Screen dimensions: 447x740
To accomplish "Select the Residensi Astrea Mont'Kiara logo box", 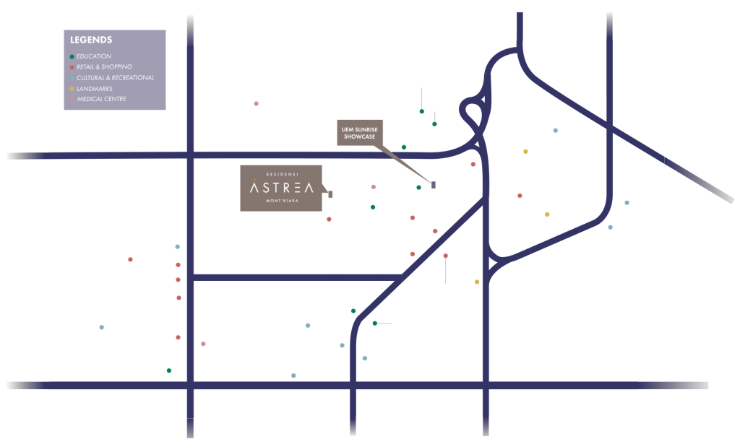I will tap(281, 188).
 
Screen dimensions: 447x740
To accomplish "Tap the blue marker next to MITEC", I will tap(556, 131).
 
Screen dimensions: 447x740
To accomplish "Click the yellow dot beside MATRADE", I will tap(525, 152).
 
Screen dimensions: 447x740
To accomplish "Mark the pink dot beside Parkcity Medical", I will tap(256, 104).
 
